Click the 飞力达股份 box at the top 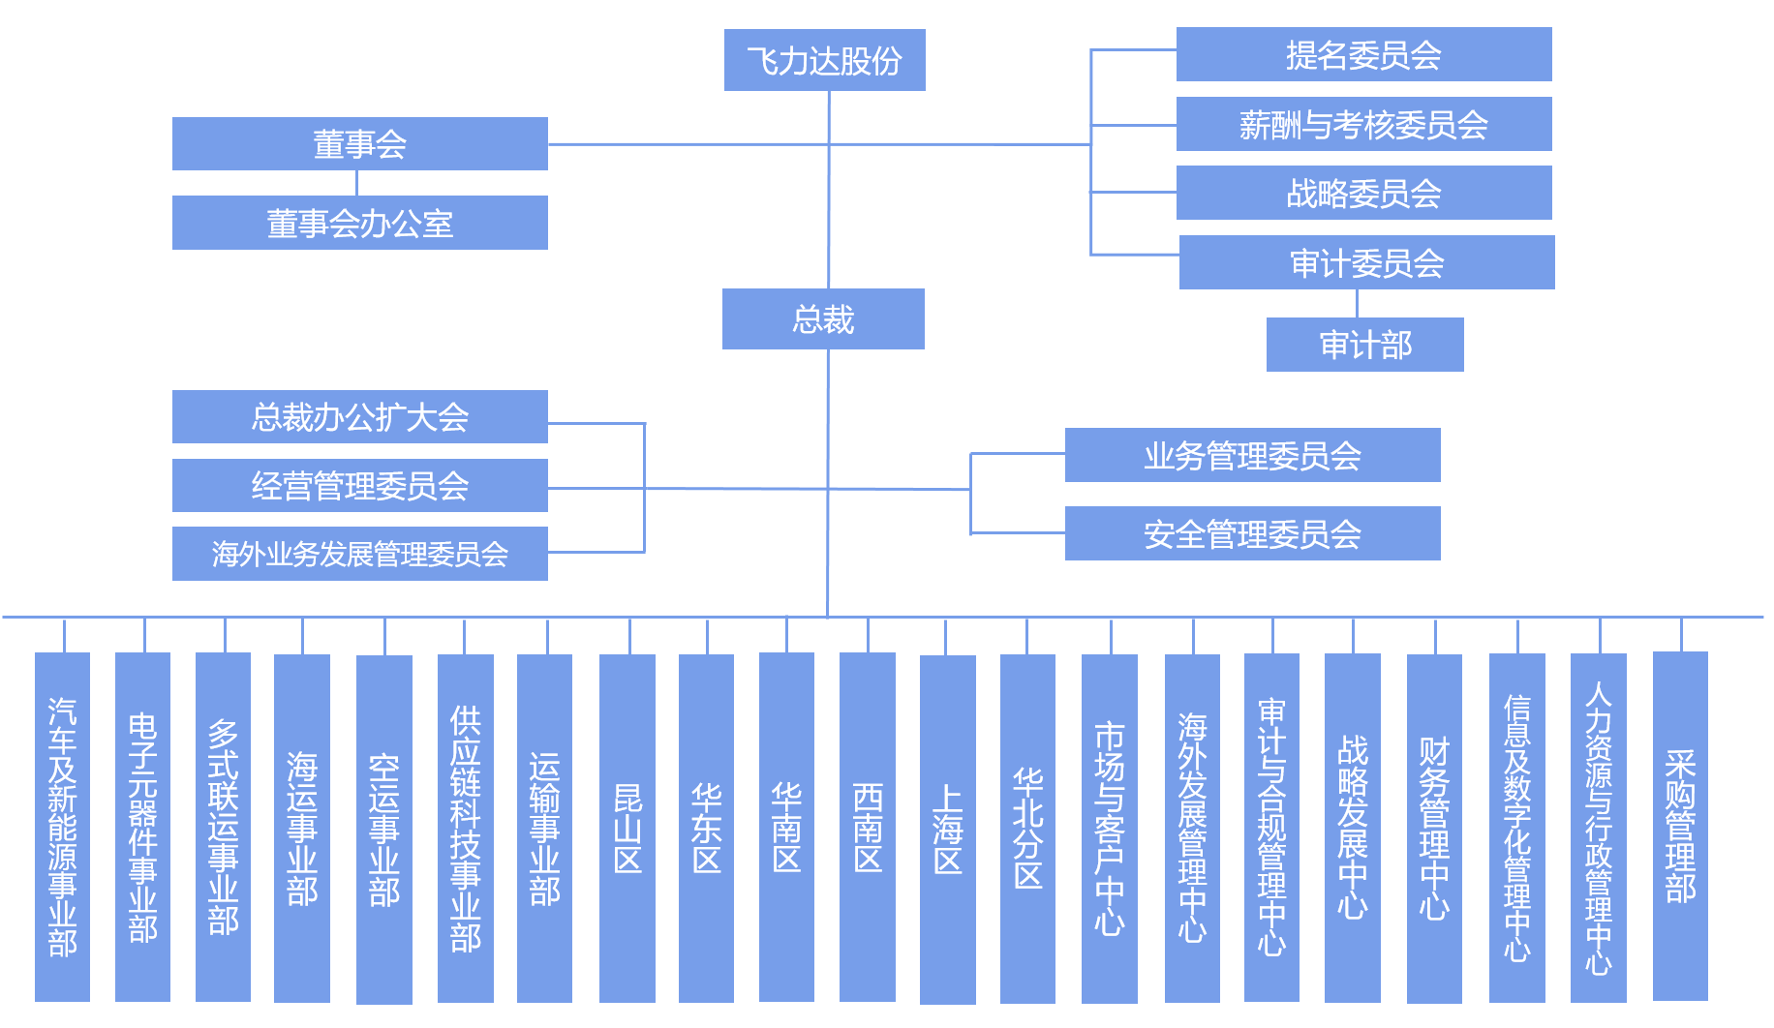(824, 60)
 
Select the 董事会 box (359, 144)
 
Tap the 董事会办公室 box (359, 223)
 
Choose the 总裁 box (823, 318)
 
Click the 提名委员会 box (1363, 55)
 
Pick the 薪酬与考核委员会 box (1363, 124)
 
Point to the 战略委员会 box (1363, 193)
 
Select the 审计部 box (1364, 345)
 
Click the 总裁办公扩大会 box (359, 417)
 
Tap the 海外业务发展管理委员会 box (359, 554)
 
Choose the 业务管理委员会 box (1252, 455)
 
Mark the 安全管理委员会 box (1252, 533)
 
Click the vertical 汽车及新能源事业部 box (62, 827)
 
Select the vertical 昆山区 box (627, 828)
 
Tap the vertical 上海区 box (947, 829)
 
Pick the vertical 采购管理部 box (1680, 826)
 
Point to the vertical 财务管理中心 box (1434, 828)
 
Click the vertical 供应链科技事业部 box (465, 828)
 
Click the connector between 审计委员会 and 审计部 (1357, 303)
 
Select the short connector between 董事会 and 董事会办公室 (357, 183)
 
